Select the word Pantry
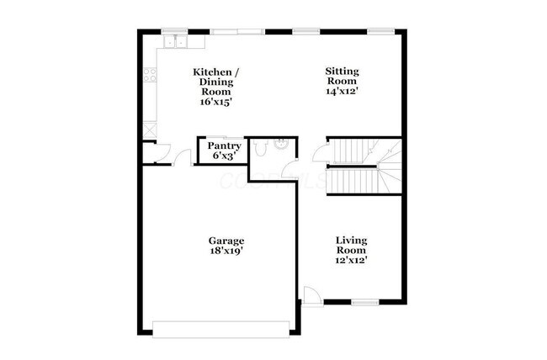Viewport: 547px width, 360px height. click(225, 146)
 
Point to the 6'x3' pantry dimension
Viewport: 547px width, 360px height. click(225, 156)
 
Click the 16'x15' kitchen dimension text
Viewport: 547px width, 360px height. click(216, 101)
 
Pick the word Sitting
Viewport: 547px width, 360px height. click(343, 71)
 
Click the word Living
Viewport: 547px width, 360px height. click(351, 241)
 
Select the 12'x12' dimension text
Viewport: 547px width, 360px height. click(351, 261)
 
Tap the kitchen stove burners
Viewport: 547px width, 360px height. click(151, 74)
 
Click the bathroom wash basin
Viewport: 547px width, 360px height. click(282, 143)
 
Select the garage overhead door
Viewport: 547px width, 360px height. click(222, 328)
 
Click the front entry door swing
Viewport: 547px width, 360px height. click(311, 294)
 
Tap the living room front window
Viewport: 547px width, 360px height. click(364, 303)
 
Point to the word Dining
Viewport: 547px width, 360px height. click(217, 82)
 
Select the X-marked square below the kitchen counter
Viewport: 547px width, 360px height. click(151, 130)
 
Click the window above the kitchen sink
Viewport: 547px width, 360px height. click(176, 32)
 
